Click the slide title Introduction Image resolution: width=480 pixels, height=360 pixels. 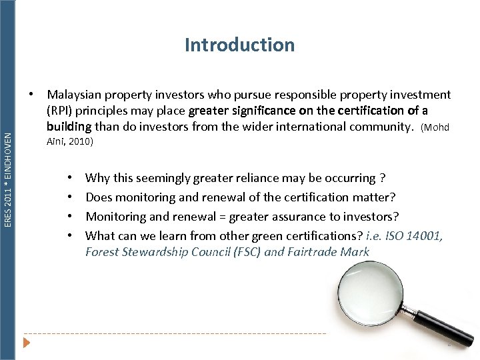coord(239,45)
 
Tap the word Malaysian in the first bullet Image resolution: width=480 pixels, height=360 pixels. coord(73,95)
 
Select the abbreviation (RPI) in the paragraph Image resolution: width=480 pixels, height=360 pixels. coord(60,111)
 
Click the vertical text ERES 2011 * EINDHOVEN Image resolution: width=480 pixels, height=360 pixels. coord(8,179)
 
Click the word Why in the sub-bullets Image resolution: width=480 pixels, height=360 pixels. coord(97,178)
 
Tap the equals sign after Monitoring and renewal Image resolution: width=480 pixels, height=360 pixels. coord(229,217)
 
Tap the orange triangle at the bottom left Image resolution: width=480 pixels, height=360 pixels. coord(27,343)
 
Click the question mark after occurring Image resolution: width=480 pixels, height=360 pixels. coord(381,178)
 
